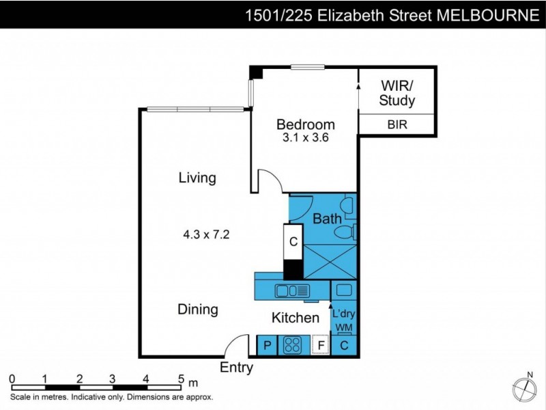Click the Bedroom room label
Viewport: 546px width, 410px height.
[x=305, y=124]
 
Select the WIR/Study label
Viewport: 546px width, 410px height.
[x=397, y=93]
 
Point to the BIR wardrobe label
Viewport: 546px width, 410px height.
[x=397, y=124]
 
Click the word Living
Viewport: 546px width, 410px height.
[x=197, y=178]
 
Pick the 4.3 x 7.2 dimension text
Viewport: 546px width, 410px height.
[x=205, y=234]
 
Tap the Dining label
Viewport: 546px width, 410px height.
[x=198, y=310]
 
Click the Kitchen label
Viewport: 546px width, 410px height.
[x=296, y=318]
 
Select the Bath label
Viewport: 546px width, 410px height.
[x=327, y=219]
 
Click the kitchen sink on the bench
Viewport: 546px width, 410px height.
[x=292, y=291]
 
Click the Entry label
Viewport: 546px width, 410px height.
[x=236, y=368]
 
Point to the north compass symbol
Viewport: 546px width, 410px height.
[x=524, y=388]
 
